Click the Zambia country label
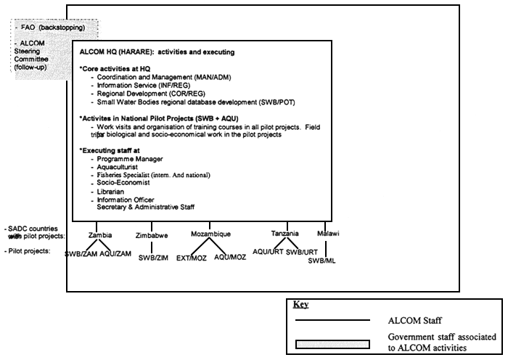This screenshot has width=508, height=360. pos(100,235)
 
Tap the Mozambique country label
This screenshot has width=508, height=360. pos(210,234)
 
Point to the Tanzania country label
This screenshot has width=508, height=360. pos(285,234)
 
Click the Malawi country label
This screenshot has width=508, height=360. pos(328,234)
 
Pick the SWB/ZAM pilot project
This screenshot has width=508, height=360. pos(81,253)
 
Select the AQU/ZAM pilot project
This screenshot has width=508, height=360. pos(115,253)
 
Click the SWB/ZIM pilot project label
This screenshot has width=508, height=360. pos(154,258)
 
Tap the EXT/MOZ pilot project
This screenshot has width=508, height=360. pos(192,258)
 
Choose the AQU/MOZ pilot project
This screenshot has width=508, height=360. pos(230,257)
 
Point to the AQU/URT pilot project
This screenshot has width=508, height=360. pos(268,250)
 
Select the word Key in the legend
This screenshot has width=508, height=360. pos(300,305)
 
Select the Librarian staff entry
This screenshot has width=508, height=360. pos(115,192)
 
